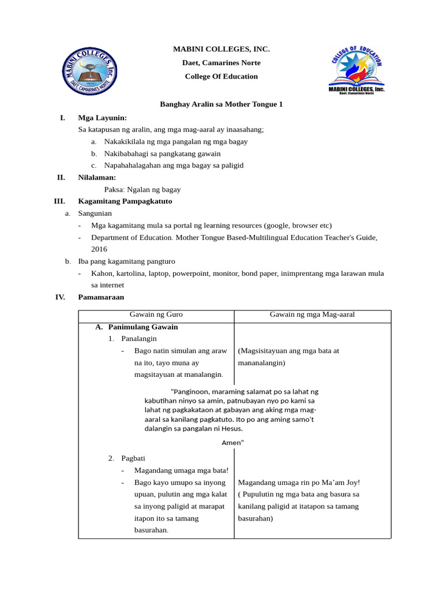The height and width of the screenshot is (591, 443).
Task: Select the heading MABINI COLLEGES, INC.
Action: (x=221, y=49)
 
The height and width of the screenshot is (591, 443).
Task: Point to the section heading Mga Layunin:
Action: (x=102, y=118)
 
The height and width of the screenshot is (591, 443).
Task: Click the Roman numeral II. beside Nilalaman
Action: (x=61, y=177)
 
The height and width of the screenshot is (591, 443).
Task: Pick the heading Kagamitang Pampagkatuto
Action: (x=125, y=201)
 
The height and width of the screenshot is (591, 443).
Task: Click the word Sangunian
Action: (x=95, y=213)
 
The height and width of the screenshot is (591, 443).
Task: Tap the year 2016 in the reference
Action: (x=100, y=249)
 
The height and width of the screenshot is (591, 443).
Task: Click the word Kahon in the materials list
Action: (x=103, y=273)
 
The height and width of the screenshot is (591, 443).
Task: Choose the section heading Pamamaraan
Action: (x=101, y=297)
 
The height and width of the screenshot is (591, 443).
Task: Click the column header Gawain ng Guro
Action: (x=156, y=315)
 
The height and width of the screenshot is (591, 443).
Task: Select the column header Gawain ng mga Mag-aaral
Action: (x=312, y=315)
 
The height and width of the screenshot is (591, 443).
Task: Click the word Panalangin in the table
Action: (x=139, y=339)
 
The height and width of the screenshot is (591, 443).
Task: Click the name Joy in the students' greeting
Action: (x=352, y=482)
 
